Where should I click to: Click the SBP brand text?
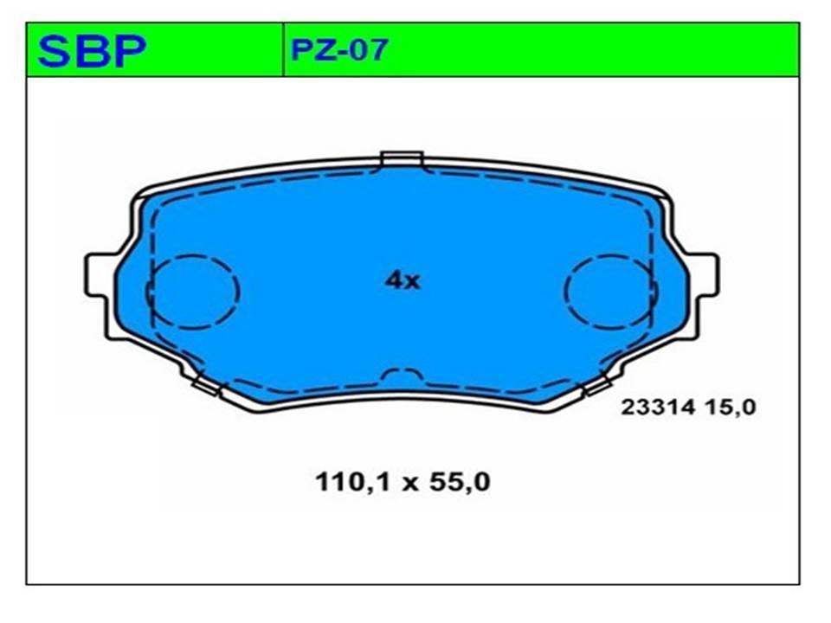coord(92,51)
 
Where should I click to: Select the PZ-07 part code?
coord(339,50)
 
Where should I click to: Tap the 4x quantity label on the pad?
coord(403,280)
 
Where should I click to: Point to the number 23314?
coord(657,408)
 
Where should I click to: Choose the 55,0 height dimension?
coord(460,482)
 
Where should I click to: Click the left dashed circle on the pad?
coord(193,292)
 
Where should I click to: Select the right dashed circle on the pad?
coord(610,292)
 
